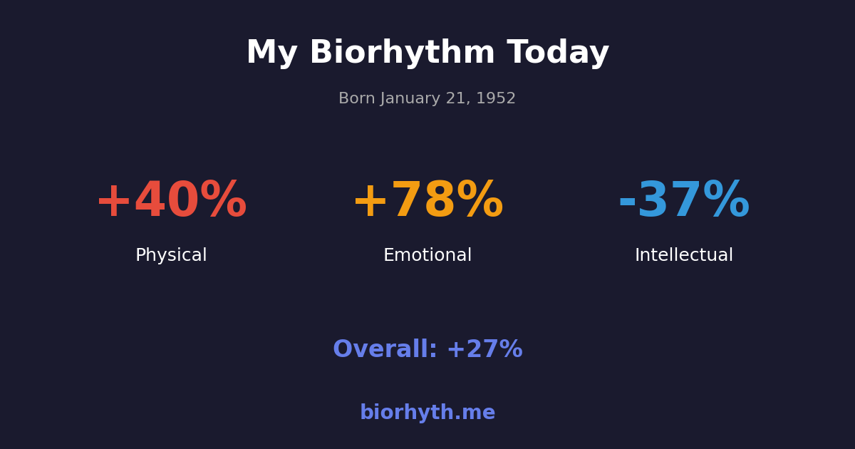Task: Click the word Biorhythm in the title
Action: pyautogui.click(x=402, y=53)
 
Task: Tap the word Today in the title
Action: pyautogui.click(x=558, y=53)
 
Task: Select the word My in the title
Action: pyautogui.click(x=271, y=53)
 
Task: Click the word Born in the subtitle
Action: pyautogui.click(x=356, y=99)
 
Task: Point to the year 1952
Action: pyautogui.click(x=496, y=99)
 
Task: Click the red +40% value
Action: pyautogui.click(x=171, y=202)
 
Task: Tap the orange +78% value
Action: pyautogui.click(x=427, y=202)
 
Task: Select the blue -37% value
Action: pyautogui.click(x=684, y=202)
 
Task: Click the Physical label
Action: pyautogui.click(x=171, y=256)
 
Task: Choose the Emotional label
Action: pyautogui.click(x=427, y=256)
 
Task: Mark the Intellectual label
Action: pyautogui.click(x=684, y=256)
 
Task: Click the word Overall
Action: pyautogui.click(x=384, y=350)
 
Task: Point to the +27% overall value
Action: pyautogui.click(x=484, y=350)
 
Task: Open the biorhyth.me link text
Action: pyautogui.click(x=427, y=413)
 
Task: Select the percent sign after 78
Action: pyautogui.click(x=480, y=202)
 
